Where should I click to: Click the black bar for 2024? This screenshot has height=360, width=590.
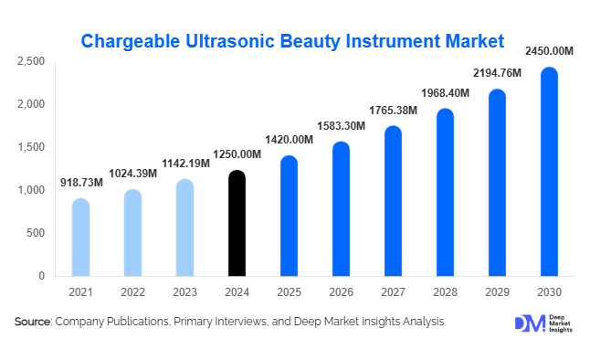[x=237, y=224]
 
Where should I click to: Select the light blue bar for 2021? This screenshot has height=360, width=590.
[x=81, y=238]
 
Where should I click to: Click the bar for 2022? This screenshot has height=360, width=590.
[x=133, y=233]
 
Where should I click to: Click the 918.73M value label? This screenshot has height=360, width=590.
[x=81, y=184]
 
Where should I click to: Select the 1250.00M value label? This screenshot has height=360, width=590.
[x=237, y=155]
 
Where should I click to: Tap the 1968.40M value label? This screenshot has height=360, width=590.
[x=445, y=92]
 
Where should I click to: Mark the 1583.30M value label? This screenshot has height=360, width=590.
[x=342, y=125]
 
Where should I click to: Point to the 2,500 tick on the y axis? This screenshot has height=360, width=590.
[x=31, y=61]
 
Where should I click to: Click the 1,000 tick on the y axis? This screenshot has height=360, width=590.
[x=31, y=190]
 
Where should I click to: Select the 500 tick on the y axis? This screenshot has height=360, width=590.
[x=36, y=233]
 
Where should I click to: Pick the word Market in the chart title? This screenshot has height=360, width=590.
[x=470, y=41]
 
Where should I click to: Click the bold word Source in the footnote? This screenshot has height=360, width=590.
[x=33, y=322]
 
